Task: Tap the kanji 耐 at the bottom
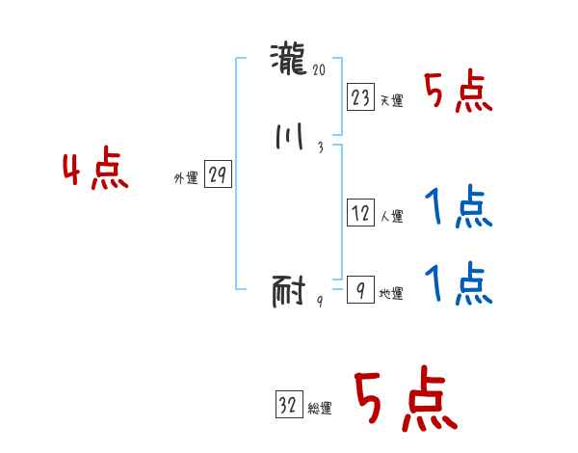[x=289, y=290]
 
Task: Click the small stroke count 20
[x=320, y=69]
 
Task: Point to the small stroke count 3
[x=319, y=147]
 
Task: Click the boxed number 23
[x=361, y=97]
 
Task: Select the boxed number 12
[x=360, y=214]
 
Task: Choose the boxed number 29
[x=218, y=175]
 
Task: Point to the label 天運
[x=391, y=100]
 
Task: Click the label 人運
[x=391, y=217]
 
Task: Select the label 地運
[x=391, y=293]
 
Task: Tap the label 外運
[x=186, y=178]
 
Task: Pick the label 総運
[x=320, y=408]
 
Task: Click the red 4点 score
[x=95, y=171]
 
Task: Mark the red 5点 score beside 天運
[x=458, y=93]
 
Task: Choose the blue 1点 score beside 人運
[x=458, y=208]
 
